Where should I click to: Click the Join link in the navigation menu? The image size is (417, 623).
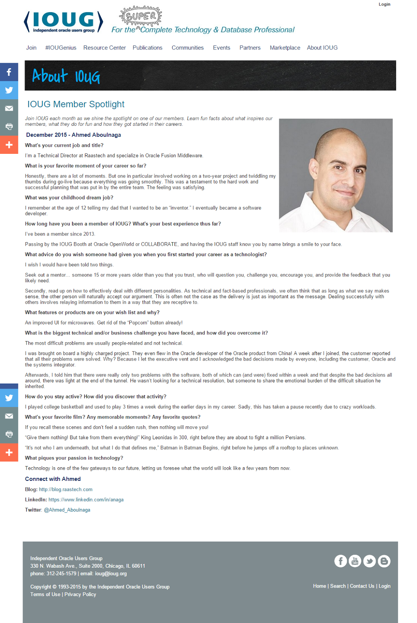pos(31,48)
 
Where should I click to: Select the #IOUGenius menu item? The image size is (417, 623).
pos(61,48)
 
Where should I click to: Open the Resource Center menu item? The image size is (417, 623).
pos(104,48)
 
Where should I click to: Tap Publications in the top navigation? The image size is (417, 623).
pos(147,48)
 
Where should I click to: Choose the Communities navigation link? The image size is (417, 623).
pos(187,48)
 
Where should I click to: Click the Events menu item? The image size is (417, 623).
pos(221,48)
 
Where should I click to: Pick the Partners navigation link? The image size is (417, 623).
pos(250,48)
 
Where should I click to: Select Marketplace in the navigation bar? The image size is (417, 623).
pos(285,48)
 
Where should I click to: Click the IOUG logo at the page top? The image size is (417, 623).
pos(63,22)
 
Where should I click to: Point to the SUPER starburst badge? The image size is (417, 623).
pos(141,16)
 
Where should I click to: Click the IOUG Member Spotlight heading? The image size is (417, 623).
pos(76,104)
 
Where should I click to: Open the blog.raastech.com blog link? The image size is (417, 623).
pos(65,489)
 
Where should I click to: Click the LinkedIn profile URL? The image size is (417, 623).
pos(86,500)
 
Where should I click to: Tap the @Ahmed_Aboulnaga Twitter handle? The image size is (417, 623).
pos(67,510)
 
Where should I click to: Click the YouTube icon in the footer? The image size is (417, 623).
pos(355,561)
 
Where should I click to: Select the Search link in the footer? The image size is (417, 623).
pos(338,586)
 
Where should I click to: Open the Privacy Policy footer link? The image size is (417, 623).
pos(80,594)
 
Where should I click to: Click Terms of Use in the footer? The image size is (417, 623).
pos(45,594)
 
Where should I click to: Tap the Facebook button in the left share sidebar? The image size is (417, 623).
pos(9,72)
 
